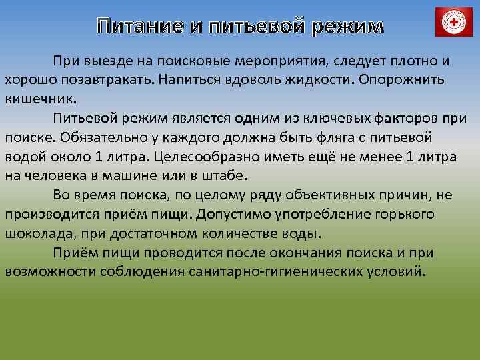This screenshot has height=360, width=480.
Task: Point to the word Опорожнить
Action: pos(403,79)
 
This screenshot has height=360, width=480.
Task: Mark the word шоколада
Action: pos(35,234)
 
